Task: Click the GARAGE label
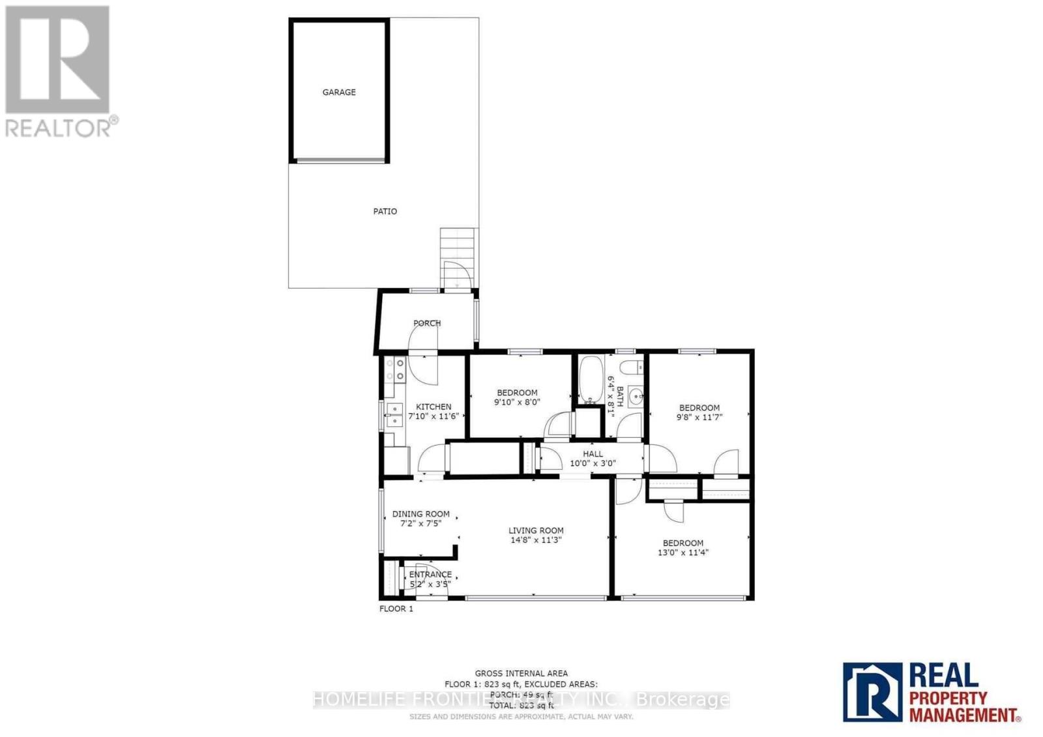pyautogui.click(x=339, y=93)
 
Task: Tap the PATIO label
pyautogui.click(x=385, y=211)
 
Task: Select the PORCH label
pyautogui.click(x=427, y=323)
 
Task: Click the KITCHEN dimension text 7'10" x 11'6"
pyautogui.click(x=433, y=416)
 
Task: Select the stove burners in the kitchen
pyautogui.click(x=395, y=369)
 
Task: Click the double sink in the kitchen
pyautogui.click(x=394, y=414)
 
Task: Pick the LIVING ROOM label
pyautogui.click(x=536, y=530)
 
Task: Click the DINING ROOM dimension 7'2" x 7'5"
pyautogui.click(x=420, y=523)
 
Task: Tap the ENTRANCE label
pyautogui.click(x=430, y=575)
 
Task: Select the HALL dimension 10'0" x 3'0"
pyautogui.click(x=593, y=463)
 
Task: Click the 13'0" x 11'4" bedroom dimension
pyautogui.click(x=683, y=553)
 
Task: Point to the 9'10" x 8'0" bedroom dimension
pyautogui.click(x=517, y=402)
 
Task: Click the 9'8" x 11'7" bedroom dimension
pyautogui.click(x=699, y=417)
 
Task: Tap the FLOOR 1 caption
pyautogui.click(x=396, y=609)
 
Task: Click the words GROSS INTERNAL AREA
pyautogui.click(x=521, y=673)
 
